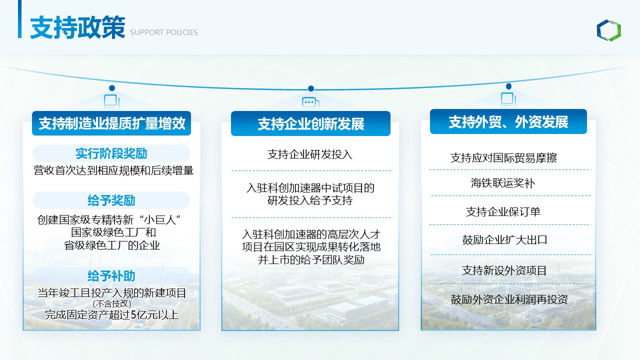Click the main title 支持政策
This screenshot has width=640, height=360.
pyautogui.click(x=77, y=27)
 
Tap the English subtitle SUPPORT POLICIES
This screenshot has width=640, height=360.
pyautogui.click(x=163, y=32)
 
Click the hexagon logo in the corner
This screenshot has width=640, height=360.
pyautogui.click(x=608, y=30)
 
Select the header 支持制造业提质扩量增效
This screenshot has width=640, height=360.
pyautogui.click(x=111, y=123)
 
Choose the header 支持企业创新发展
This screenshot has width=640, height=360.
pyautogui.click(x=311, y=123)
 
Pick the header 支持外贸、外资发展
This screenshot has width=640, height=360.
pyautogui.click(x=508, y=122)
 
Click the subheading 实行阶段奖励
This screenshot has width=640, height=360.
pyautogui.click(x=111, y=153)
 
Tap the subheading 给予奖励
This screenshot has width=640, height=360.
pyautogui.click(x=111, y=200)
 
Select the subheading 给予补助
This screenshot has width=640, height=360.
pyautogui.click(x=111, y=275)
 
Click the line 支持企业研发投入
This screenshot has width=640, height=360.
pyautogui.click(x=310, y=154)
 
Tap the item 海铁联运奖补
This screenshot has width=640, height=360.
pyautogui.click(x=503, y=183)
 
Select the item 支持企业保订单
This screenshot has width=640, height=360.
pyautogui.click(x=503, y=211)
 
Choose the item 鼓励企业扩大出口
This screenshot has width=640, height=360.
pyautogui.click(x=504, y=239)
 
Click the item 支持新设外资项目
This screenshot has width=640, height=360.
pyautogui.click(x=504, y=270)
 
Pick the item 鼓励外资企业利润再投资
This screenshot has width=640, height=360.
pyautogui.click(x=509, y=299)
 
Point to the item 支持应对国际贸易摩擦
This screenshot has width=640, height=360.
pyautogui.click(x=503, y=157)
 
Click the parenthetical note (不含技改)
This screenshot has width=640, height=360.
pyautogui.click(x=112, y=303)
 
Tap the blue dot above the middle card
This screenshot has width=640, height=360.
pyautogui.click(x=311, y=88)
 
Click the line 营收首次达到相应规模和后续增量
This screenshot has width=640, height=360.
pyautogui.click(x=113, y=170)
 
